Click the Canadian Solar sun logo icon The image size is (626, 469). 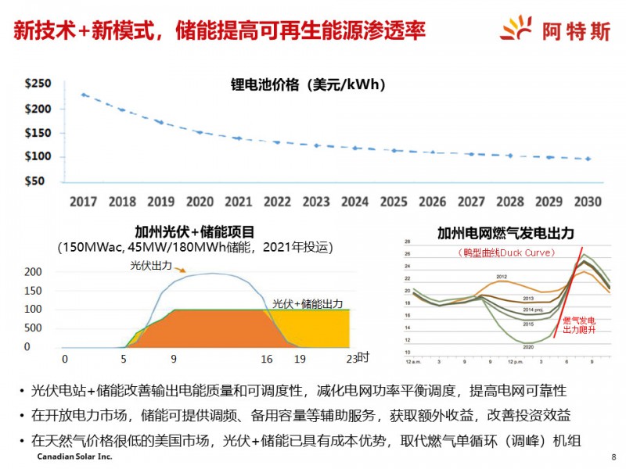click(517, 30)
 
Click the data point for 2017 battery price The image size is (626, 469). click(84, 95)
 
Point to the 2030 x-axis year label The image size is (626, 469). click(587, 201)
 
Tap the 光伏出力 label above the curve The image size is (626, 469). click(151, 266)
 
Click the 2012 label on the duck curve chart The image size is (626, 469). click(502, 277)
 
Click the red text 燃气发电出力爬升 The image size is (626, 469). click(579, 325)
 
